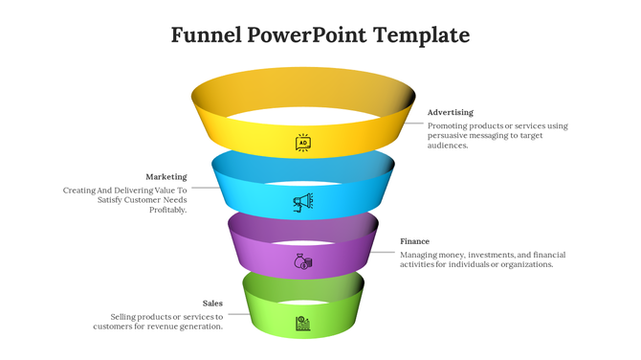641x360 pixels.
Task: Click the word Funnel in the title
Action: [x=206, y=35]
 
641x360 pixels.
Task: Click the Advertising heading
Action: [x=450, y=112]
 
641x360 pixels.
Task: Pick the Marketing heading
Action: [x=166, y=176]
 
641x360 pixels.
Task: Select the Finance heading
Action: [x=414, y=241]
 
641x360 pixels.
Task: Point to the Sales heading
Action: [x=212, y=303]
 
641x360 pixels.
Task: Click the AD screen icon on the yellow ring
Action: [x=303, y=143]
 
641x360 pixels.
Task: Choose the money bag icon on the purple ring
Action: [x=303, y=261]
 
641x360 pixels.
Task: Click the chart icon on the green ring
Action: [x=302, y=323]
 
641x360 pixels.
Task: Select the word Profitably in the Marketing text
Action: [x=167, y=210]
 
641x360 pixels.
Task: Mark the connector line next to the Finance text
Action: [x=386, y=252]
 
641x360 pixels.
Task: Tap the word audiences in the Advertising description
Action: [x=447, y=146]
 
